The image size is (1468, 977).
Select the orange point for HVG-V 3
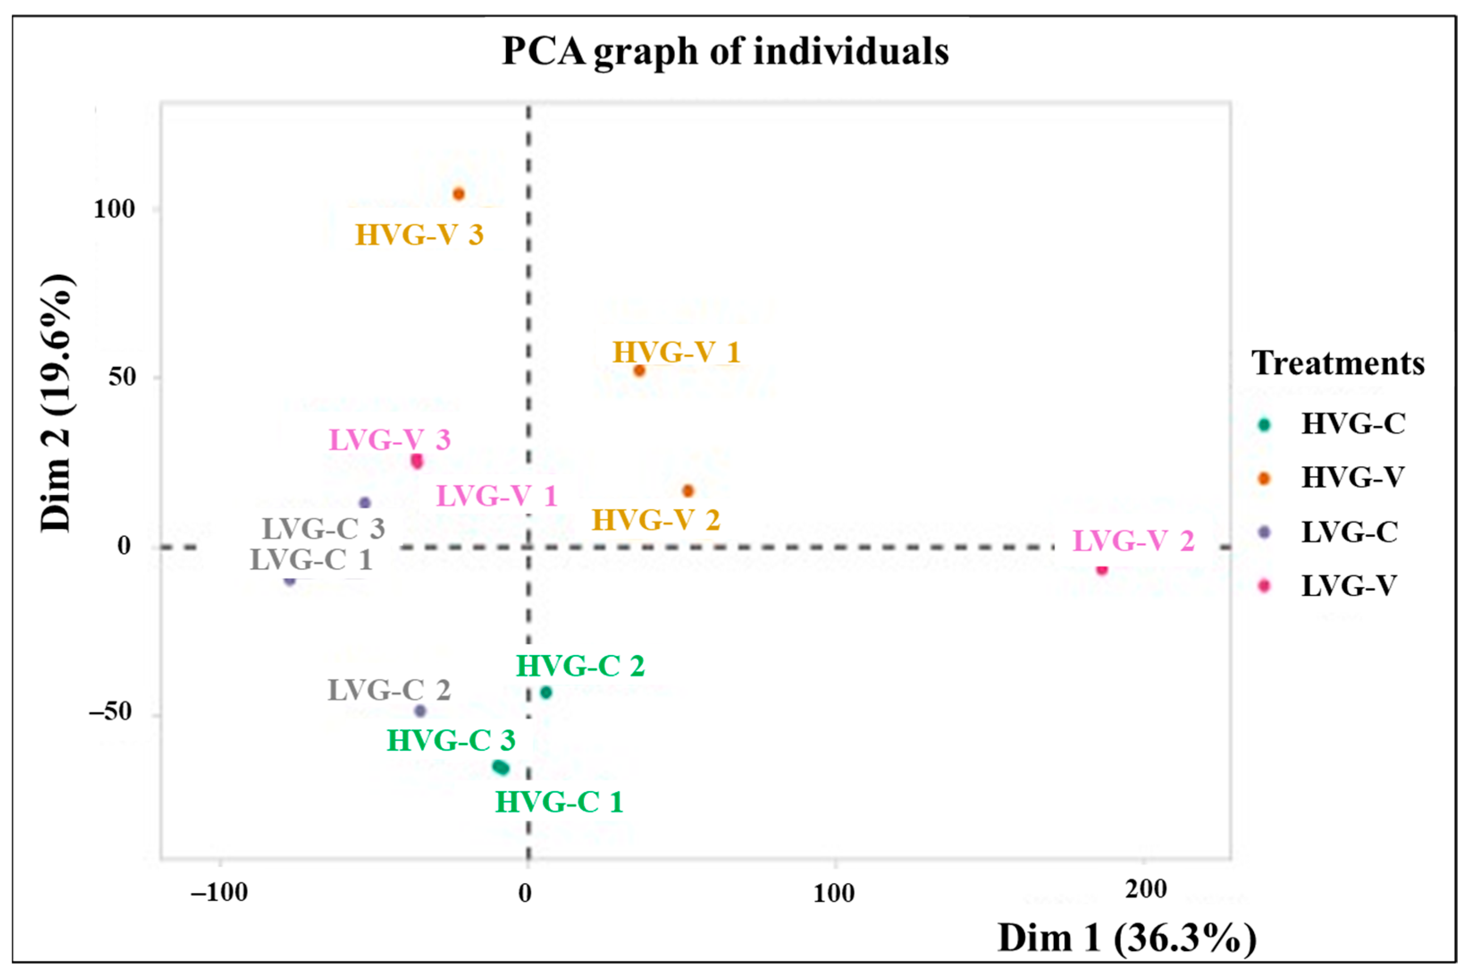459,194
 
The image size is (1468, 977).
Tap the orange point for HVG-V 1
639,371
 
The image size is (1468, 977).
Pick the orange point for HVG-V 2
688,491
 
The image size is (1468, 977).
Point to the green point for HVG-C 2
546,692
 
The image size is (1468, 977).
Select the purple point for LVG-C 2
420,711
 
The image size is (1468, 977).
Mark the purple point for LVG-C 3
365,503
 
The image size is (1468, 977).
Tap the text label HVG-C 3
451,741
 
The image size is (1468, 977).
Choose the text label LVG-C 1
311,560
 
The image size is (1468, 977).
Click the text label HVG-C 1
559,802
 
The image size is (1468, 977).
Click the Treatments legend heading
1338,363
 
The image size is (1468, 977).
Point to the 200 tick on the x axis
1145,889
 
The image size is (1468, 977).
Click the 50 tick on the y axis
122,377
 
